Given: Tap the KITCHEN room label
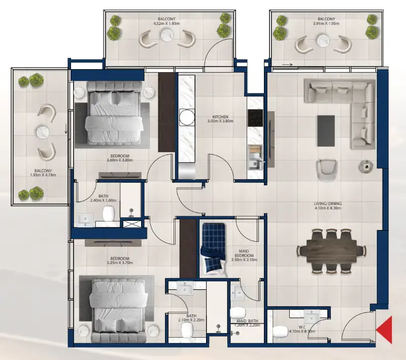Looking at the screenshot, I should pyautogui.click(x=220, y=116).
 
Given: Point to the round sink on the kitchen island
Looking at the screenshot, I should pyautogui.click(x=186, y=117).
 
